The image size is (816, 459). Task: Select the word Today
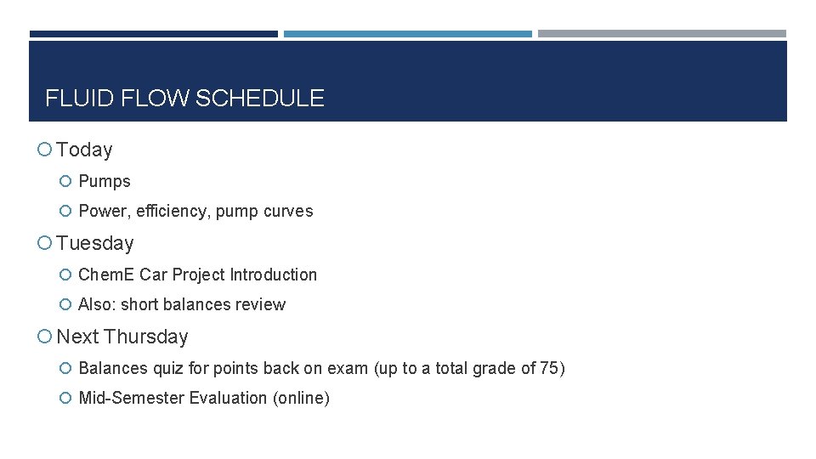tap(84, 150)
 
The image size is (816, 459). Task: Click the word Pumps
tap(105, 181)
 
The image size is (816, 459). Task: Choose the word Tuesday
tap(95, 243)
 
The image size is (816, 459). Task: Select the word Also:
tap(97, 304)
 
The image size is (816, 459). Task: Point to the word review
tap(262, 304)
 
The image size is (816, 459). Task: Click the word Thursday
tap(146, 337)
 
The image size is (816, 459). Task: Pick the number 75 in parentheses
tap(549, 368)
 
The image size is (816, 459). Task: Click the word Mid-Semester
tap(131, 398)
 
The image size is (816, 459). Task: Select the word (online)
tap(301, 398)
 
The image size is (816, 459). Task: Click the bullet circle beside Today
tap(44, 150)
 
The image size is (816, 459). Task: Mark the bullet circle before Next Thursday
tap(44, 337)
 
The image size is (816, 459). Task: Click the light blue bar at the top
tap(407, 34)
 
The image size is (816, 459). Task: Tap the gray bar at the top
tap(661, 34)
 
